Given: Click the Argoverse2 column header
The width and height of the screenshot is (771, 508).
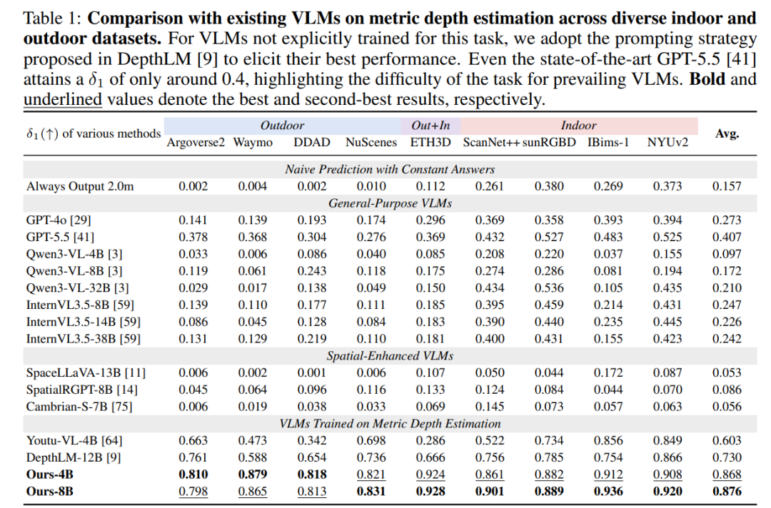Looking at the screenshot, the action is (x=195, y=143).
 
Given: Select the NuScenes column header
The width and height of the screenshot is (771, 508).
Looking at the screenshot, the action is (x=371, y=143).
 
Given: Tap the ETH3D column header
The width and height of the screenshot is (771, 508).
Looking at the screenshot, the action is (x=430, y=143).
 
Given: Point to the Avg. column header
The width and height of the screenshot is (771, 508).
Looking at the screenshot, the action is (x=727, y=133).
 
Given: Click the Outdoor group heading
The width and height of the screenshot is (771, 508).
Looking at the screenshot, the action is (x=282, y=126).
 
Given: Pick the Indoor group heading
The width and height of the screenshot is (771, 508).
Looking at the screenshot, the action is (x=578, y=126).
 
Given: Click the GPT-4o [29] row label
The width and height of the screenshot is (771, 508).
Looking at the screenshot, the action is (x=59, y=220).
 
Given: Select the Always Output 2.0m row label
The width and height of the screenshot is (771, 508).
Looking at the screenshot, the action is (x=80, y=187).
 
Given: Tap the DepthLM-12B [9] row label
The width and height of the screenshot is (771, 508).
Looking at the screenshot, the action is (x=74, y=458).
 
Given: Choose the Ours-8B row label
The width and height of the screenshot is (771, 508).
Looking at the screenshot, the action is (x=50, y=492).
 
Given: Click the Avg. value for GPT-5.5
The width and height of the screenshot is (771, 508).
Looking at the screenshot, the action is (x=727, y=238).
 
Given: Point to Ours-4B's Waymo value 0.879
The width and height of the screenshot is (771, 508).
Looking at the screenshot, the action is (x=253, y=474).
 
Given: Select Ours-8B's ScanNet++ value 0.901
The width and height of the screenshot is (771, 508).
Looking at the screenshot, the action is (x=490, y=492).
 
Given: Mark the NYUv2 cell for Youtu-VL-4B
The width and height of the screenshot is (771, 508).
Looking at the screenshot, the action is (x=667, y=441).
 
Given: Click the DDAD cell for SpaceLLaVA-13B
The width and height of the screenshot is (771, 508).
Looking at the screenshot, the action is (x=312, y=373).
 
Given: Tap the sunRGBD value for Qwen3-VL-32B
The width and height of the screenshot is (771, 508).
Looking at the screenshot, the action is (x=549, y=288).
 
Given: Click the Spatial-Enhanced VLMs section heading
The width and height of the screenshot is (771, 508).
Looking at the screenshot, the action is (x=390, y=356).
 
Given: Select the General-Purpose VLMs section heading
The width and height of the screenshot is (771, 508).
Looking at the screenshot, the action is (x=390, y=203).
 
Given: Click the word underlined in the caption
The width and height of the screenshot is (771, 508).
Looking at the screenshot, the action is (x=63, y=100).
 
